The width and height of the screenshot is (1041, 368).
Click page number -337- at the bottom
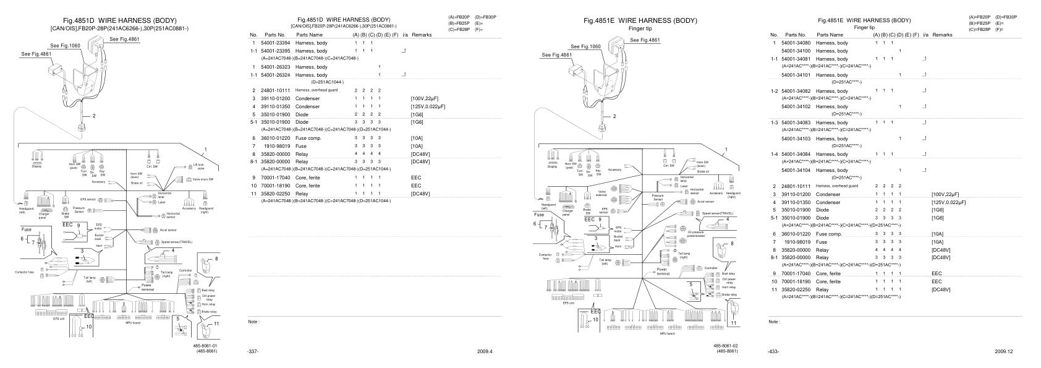253,351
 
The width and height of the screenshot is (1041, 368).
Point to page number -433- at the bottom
773,351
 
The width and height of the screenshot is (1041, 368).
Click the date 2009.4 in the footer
485,351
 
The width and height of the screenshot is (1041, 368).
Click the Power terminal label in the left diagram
147,288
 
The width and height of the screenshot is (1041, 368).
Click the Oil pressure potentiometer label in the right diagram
696,234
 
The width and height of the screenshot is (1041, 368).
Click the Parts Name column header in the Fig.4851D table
310,35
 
